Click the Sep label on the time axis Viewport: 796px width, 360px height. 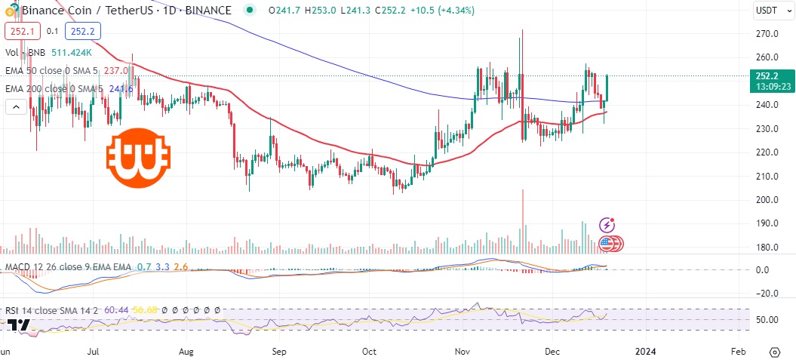tap(279, 351)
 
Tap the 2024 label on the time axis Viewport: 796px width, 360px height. tap(645, 351)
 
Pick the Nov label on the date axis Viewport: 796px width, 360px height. tap(463, 351)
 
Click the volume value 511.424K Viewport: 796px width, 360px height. tap(72, 53)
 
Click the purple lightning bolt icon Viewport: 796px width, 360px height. tap(607, 225)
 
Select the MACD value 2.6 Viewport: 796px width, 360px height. tap(181, 266)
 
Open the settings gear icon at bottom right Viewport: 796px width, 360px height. tap(775, 352)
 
